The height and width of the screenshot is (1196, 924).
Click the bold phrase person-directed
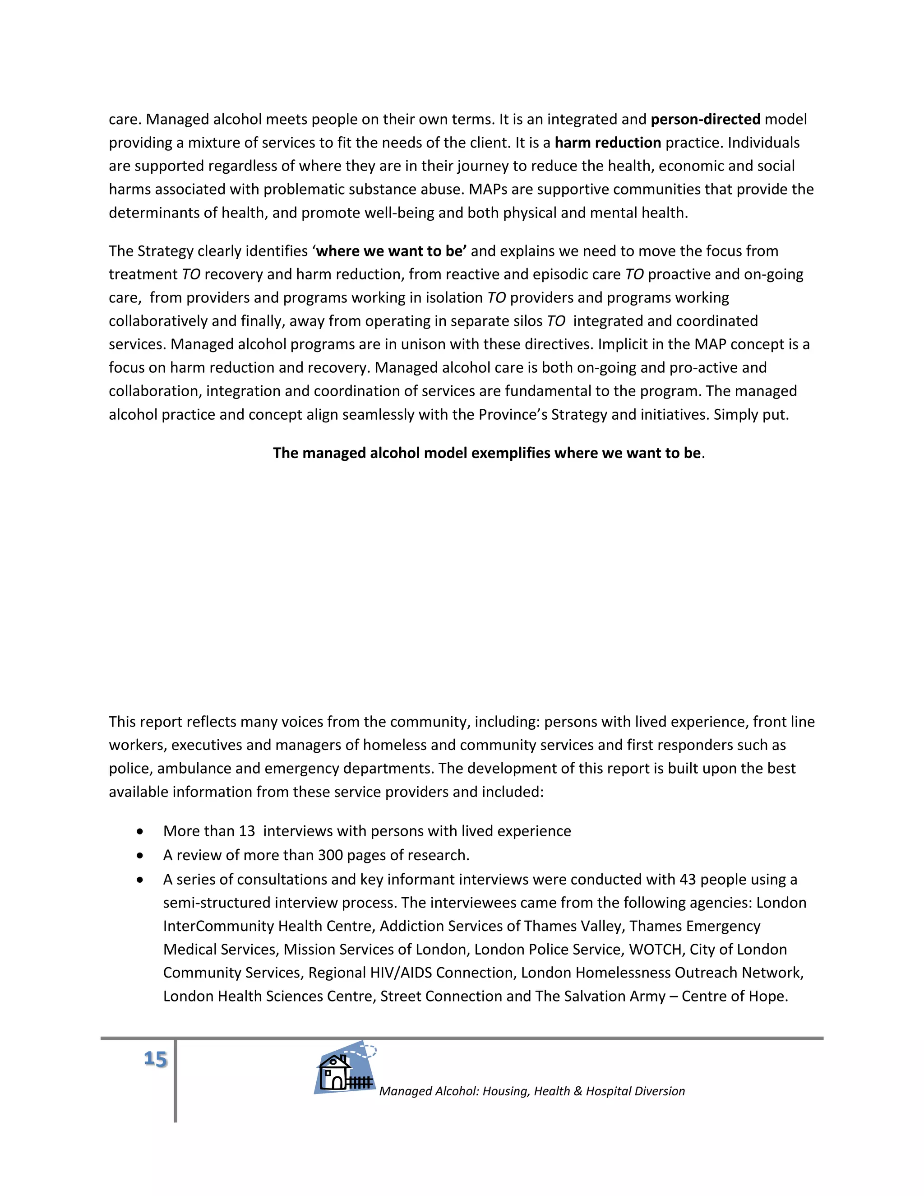tap(705, 120)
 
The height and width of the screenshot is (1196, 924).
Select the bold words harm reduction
tap(608, 143)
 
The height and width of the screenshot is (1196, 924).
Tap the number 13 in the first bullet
tap(247, 831)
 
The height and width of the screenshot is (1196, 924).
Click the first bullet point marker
tap(141, 832)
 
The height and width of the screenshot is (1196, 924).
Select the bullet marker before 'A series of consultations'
tap(141, 880)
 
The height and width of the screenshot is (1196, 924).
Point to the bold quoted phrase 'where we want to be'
tap(391, 251)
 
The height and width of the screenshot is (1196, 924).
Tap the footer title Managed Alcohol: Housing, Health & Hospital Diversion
tap(531, 1091)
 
